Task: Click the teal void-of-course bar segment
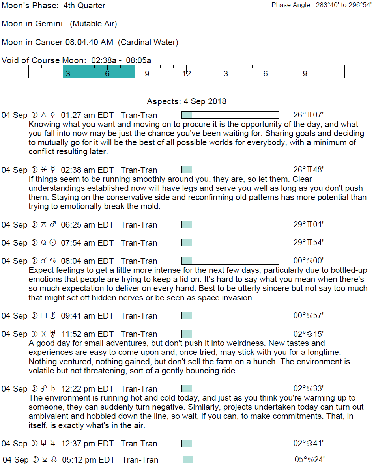click(x=99, y=72)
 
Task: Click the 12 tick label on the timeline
click(x=186, y=74)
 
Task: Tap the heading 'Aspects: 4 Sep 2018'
click(x=187, y=101)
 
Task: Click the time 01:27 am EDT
click(x=87, y=115)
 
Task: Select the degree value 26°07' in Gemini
click(x=309, y=115)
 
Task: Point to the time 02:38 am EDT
click(x=87, y=170)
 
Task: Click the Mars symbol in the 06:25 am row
click(x=53, y=225)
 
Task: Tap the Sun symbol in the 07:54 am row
click(x=53, y=243)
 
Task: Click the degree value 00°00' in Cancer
click(x=309, y=261)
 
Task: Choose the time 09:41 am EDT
click(x=87, y=316)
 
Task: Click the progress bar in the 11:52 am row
click(x=230, y=334)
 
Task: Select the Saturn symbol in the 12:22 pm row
click(x=53, y=389)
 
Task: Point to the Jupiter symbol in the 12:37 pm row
click(x=53, y=444)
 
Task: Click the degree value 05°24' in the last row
click(x=310, y=460)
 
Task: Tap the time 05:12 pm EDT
click(x=88, y=460)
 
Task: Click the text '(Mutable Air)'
click(x=94, y=24)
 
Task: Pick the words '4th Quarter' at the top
click(x=84, y=6)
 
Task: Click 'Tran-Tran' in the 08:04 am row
click(x=139, y=261)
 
